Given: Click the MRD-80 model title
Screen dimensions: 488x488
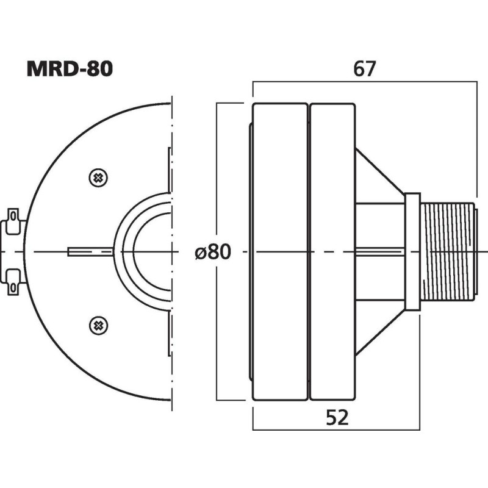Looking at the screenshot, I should click(69, 68).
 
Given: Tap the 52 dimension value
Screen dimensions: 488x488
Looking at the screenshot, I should click(336, 418).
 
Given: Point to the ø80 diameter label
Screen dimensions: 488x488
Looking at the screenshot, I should click(213, 251).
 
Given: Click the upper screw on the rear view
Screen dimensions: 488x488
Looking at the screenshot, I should click(97, 178).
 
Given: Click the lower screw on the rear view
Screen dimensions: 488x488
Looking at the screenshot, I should click(97, 325).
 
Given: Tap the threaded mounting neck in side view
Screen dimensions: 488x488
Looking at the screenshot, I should click(447, 251).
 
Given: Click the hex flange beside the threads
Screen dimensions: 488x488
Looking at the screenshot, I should click(413, 251).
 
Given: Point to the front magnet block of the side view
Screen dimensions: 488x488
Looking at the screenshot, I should click(280, 251).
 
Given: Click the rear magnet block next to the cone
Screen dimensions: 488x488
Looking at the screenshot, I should click(332, 251).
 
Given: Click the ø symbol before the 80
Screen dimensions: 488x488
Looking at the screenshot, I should click(201, 252).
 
